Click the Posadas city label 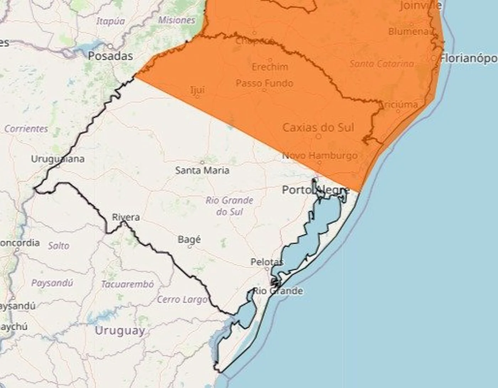(110, 56)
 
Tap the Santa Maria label (202, 171)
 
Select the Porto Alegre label (316, 190)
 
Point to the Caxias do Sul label (318, 127)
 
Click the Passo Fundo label (265, 83)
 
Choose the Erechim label (270, 67)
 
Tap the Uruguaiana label (58, 159)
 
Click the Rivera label (126, 217)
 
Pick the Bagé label (189, 239)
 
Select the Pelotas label (267, 262)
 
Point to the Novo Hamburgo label (320, 155)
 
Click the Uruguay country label (120, 330)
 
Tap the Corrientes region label (26, 129)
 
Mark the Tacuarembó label (127, 284)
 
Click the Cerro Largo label (182, 300)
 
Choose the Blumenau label (409, 31)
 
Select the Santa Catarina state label (382, 64)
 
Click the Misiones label (176, 20)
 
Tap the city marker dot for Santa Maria (202, 162)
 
